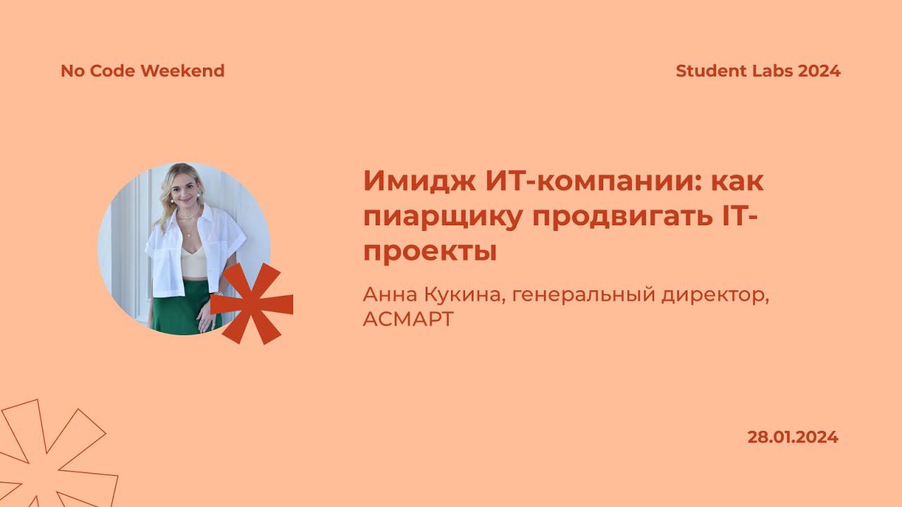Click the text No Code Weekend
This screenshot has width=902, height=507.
pos(142,71)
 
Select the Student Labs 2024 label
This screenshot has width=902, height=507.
pos(758,71)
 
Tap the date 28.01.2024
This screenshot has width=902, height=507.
pos(793,437)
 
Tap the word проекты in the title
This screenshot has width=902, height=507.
pos(430,251)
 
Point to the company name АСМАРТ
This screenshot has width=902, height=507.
pos(408,319)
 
